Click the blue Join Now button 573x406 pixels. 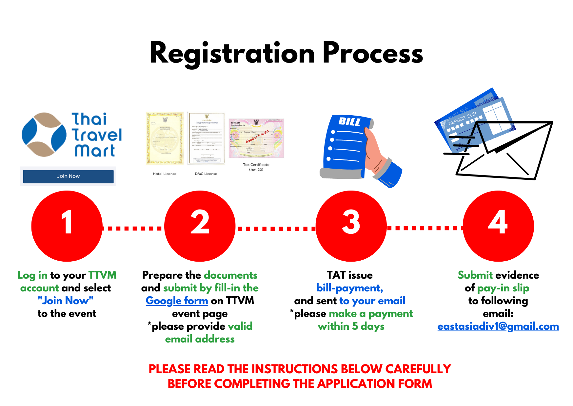[68, 176]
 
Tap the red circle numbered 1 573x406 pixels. [67, 226]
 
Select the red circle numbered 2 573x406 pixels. [200, 226]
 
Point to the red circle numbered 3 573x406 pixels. [351, 226]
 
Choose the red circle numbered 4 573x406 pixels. [498, 226]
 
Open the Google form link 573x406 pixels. [177, 301]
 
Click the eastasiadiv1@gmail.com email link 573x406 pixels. [498, 326]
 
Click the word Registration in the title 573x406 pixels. [232, 53]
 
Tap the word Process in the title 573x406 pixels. [373, 53]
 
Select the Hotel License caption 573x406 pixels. [165, 174]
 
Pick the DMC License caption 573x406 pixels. [206, 174]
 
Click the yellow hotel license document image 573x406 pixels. [165, 138]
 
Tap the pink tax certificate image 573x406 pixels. [256, 138]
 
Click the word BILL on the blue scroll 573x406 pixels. [349, 122]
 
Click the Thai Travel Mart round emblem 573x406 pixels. [44, 135]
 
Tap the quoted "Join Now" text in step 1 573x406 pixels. [66, 301]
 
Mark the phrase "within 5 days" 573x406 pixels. [351, 326]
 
